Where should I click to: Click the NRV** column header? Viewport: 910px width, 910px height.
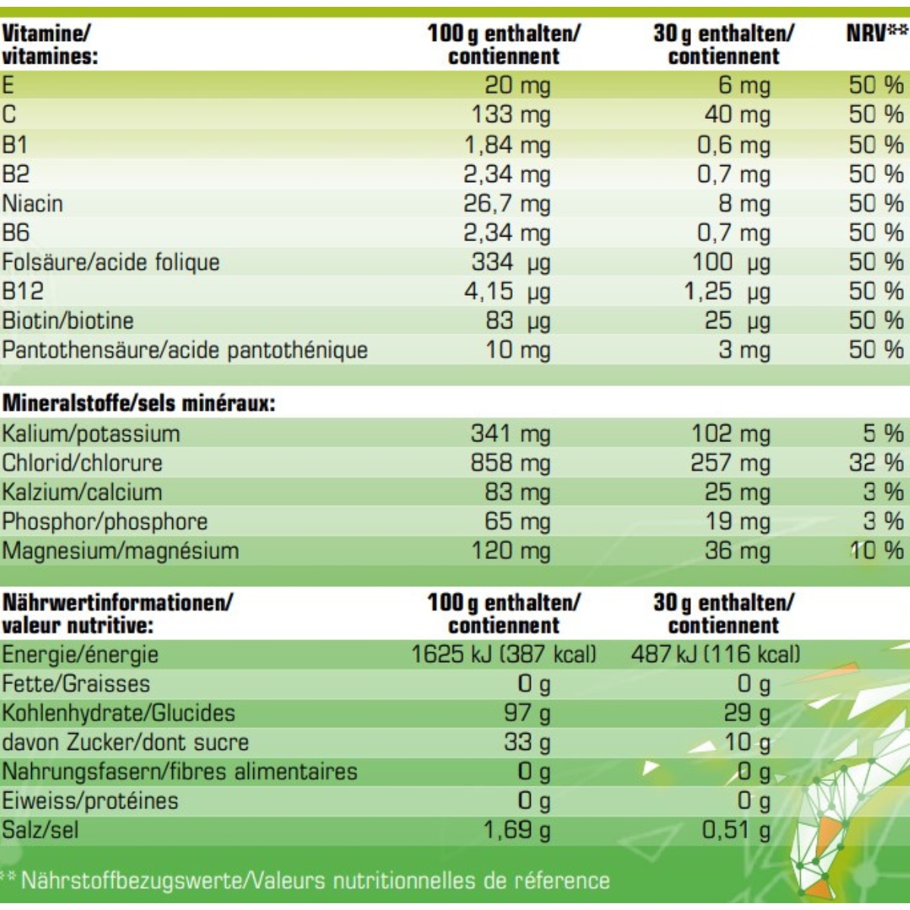click(x=876, y=33)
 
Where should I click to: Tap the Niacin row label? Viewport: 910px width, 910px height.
click(x=33, y=204)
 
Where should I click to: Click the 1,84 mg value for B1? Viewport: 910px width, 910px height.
click(x=507, y=145)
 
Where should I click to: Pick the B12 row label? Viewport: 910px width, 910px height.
click(x=23, y=292)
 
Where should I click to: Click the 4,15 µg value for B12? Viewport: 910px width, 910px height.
click(x=507, y=292)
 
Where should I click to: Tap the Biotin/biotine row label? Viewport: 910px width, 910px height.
click(x=68, y=321)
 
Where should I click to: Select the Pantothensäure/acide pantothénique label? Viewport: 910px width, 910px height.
click(x=185, y=350)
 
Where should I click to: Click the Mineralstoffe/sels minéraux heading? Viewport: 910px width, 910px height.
click(x=139, y=403)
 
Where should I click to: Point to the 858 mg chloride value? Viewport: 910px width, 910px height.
click(x=510, y=463)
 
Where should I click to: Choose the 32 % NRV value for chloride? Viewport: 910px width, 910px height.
click(x=876, y=463)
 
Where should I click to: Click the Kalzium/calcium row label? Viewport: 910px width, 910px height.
click(x=82, y=492)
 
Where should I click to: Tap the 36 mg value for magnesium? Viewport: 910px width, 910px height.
click(x=737, y=551)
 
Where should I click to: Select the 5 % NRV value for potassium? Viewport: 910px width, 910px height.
click(x=883, y=434)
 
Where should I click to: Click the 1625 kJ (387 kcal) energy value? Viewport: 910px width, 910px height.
click(x=504, y=654)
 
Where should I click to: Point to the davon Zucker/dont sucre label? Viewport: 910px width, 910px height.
click(x=125, y=742)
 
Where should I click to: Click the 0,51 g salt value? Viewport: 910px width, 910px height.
click(x=736, y=830)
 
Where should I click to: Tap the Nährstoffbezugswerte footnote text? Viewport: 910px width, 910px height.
click(x=315, y=881)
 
